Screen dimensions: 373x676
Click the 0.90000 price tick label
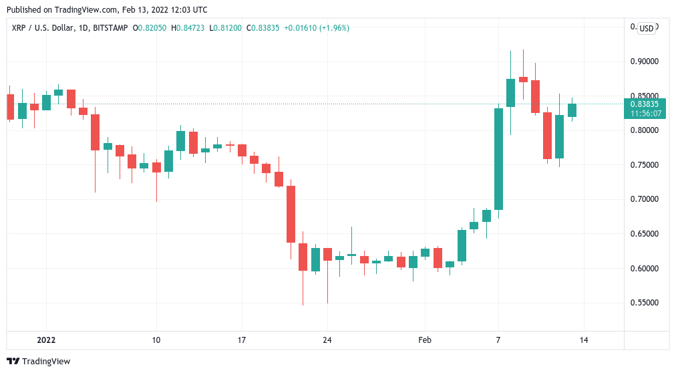point(645,61)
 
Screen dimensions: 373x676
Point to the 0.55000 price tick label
point(645,303)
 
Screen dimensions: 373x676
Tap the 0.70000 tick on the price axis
point(645,199)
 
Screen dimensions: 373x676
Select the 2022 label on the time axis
point(46,340)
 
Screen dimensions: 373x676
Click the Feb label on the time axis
point(425,340)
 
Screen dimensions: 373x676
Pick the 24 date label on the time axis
point(327,340)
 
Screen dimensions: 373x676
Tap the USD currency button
point(646,28)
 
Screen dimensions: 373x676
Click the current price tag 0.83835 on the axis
point(645,104)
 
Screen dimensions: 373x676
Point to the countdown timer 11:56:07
point(645,113)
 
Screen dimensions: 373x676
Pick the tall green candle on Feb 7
point(498,159)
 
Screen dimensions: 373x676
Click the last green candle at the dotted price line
point(572,110)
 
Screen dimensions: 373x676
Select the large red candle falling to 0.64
point(291,214)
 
